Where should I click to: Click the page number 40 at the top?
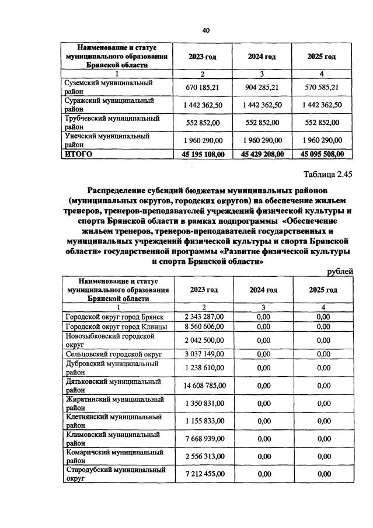(205, 30)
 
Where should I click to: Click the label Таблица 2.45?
(329, 174)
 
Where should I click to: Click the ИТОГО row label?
(79, 154)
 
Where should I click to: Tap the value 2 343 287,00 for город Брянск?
(204, 317)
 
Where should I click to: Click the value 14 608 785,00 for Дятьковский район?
(204, 385)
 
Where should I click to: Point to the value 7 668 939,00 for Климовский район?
(204, 439)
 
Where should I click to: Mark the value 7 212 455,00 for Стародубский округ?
(204, 474)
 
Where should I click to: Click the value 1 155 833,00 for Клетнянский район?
(204, 421)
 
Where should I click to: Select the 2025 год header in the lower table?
(323, 290)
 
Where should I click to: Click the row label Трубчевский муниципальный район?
(111, 122)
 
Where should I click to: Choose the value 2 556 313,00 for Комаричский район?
(204, 456)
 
